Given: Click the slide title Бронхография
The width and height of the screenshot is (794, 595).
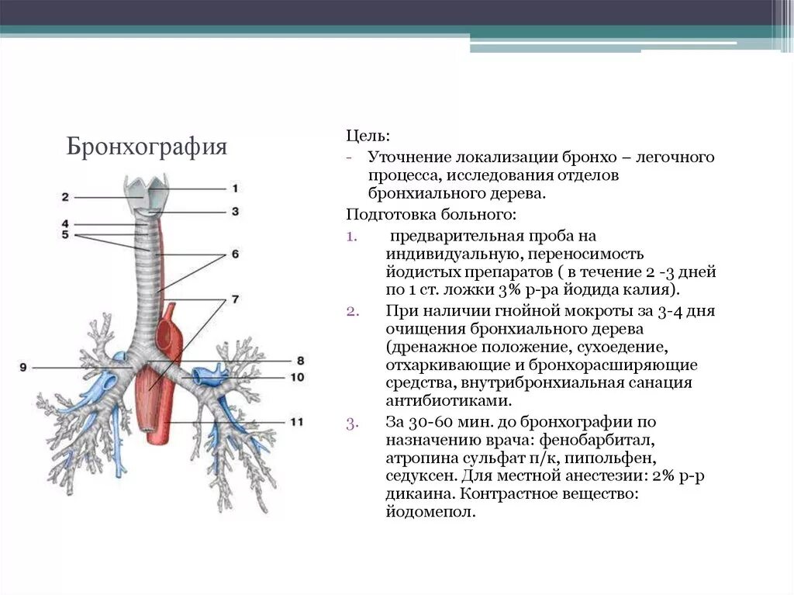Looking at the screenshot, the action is (147, 147).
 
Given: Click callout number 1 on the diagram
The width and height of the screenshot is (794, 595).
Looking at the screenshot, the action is (234, 189).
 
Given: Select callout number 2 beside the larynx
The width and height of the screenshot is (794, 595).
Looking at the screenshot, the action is (65, 197).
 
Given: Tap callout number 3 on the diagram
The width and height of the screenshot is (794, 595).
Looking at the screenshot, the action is (234, 211).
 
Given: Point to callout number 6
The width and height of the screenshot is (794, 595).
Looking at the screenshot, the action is (234, 254).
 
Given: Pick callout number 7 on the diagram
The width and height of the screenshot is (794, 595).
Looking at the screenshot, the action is (234, 299).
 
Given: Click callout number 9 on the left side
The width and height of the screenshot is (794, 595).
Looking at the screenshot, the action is (23, 367).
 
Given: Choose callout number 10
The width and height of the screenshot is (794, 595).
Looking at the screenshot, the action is (298, 377).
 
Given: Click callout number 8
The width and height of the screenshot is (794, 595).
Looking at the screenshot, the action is (299, 361).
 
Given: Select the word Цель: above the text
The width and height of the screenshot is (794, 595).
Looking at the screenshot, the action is (363, 137).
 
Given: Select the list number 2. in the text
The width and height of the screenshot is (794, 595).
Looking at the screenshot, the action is (351, 311).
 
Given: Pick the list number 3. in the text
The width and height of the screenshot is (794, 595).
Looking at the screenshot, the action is (351, 423).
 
